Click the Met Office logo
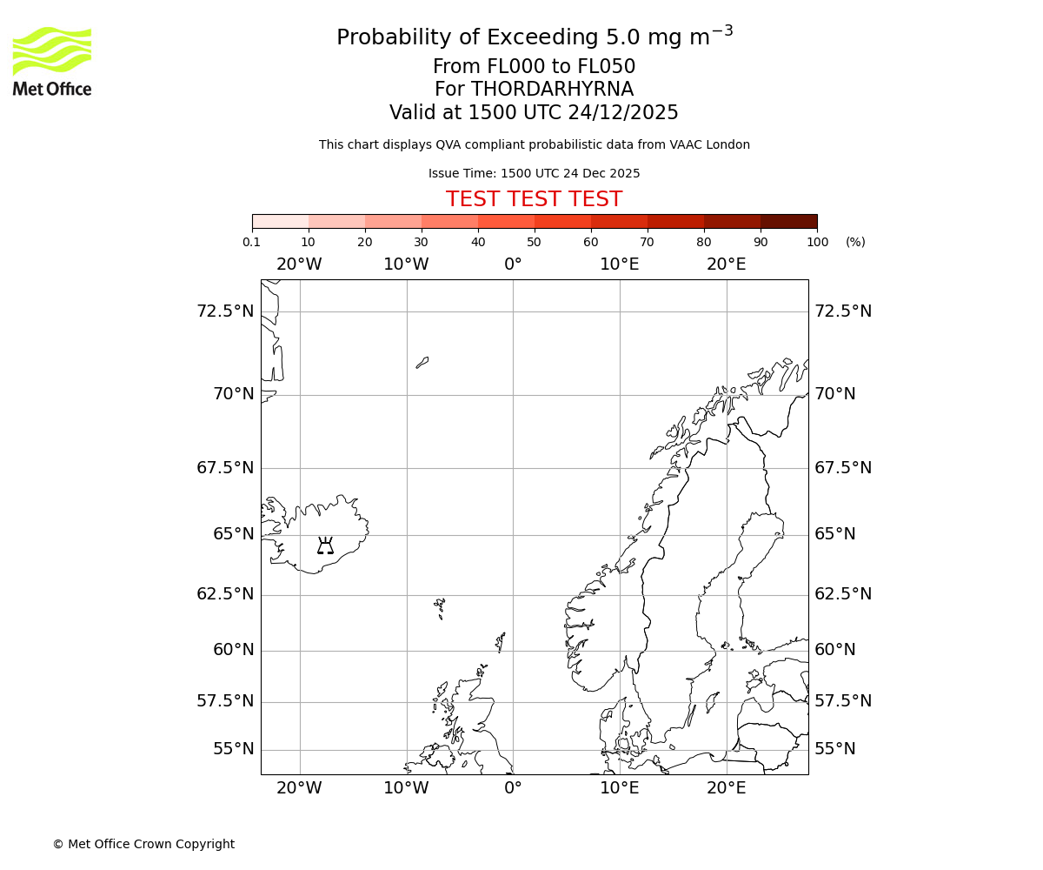coord(52,61)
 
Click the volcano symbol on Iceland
coord(325,546)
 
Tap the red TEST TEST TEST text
coord(534,200)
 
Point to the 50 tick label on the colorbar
coord(534,242)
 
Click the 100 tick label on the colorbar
coord(817,242)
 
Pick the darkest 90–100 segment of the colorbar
coord(788,221)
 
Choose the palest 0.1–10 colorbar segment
coord(281,221)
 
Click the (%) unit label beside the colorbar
coord(855,242)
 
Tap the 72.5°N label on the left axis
coord(225,311)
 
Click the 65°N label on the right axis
coord(834,534)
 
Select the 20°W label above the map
coord(299,264)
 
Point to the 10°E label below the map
coord(620,788)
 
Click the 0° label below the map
coord(513,788)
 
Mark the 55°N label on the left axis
coord(234,749)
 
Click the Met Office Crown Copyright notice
coord(143,844)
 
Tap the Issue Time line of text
coord(534,173)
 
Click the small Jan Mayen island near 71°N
coord(422,362)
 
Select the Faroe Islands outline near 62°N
coord(440,606)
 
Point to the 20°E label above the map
coord(726,264)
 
